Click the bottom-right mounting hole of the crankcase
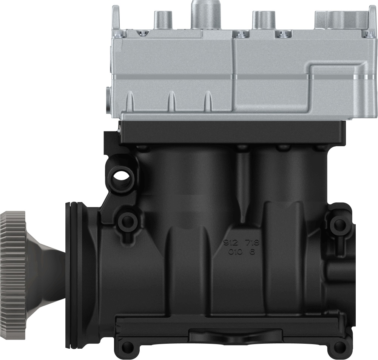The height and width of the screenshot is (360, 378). (x=340, y=346)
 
